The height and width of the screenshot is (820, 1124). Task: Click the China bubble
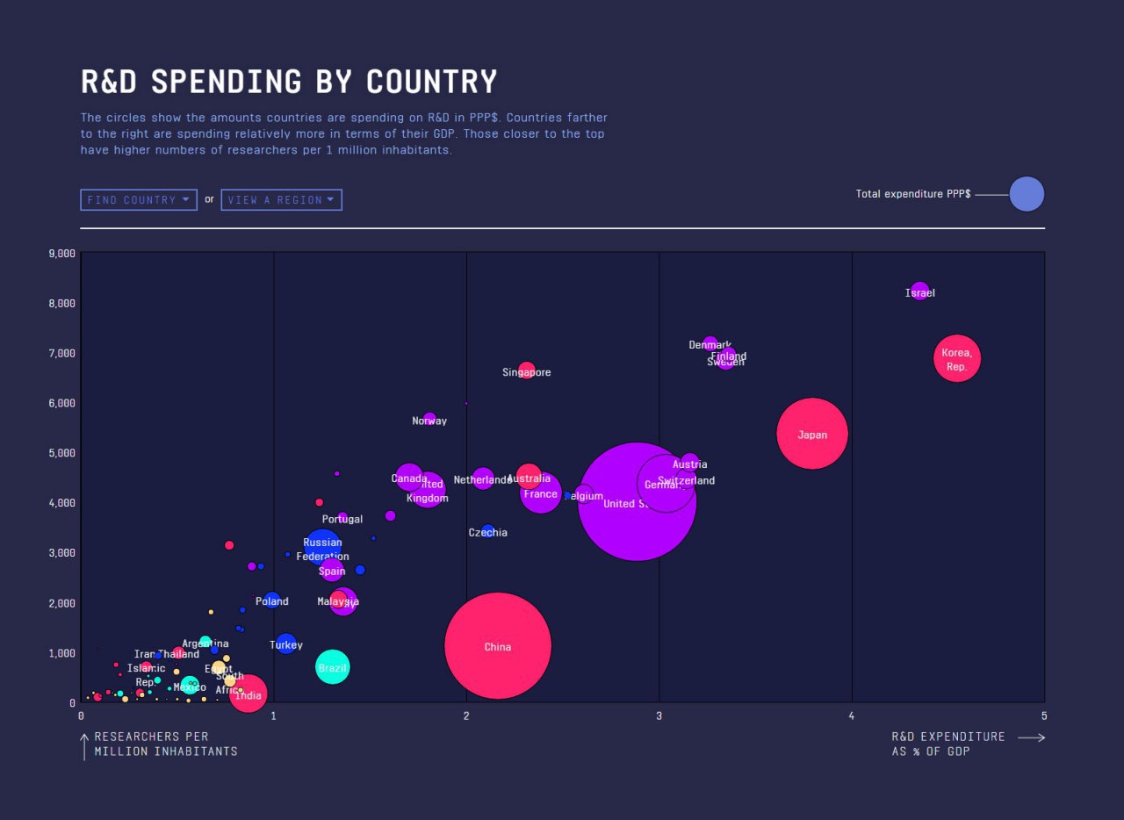[498, 646]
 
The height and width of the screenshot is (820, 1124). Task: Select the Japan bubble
[812, 434]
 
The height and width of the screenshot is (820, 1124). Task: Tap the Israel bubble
[919, 291]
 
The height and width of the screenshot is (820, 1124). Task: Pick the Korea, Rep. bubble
[956, 359]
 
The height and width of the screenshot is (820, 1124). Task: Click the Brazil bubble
[332, 667]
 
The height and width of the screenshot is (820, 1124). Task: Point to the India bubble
[249, 693]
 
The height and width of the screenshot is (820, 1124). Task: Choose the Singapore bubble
[526, 370]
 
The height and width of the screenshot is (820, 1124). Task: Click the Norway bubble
[429, 419]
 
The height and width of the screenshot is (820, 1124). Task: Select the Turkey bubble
[285, 644]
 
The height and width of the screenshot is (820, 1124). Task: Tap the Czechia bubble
[487, 531]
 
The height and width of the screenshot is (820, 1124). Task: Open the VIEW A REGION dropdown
[281, 200]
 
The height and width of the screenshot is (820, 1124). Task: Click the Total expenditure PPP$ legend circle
[1027, 194]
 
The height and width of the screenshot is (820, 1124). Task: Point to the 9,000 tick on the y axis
[61, 254]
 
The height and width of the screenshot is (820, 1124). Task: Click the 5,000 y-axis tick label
[61, 453]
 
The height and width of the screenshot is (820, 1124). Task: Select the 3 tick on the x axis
[659, 716]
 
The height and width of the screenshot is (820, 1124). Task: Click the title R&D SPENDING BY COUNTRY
[289, 82]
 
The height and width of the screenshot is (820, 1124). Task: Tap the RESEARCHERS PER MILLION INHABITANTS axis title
[165, 744]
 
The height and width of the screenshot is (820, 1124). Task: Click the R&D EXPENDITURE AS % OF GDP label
[948, 744]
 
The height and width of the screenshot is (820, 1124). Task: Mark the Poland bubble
[272, 601]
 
